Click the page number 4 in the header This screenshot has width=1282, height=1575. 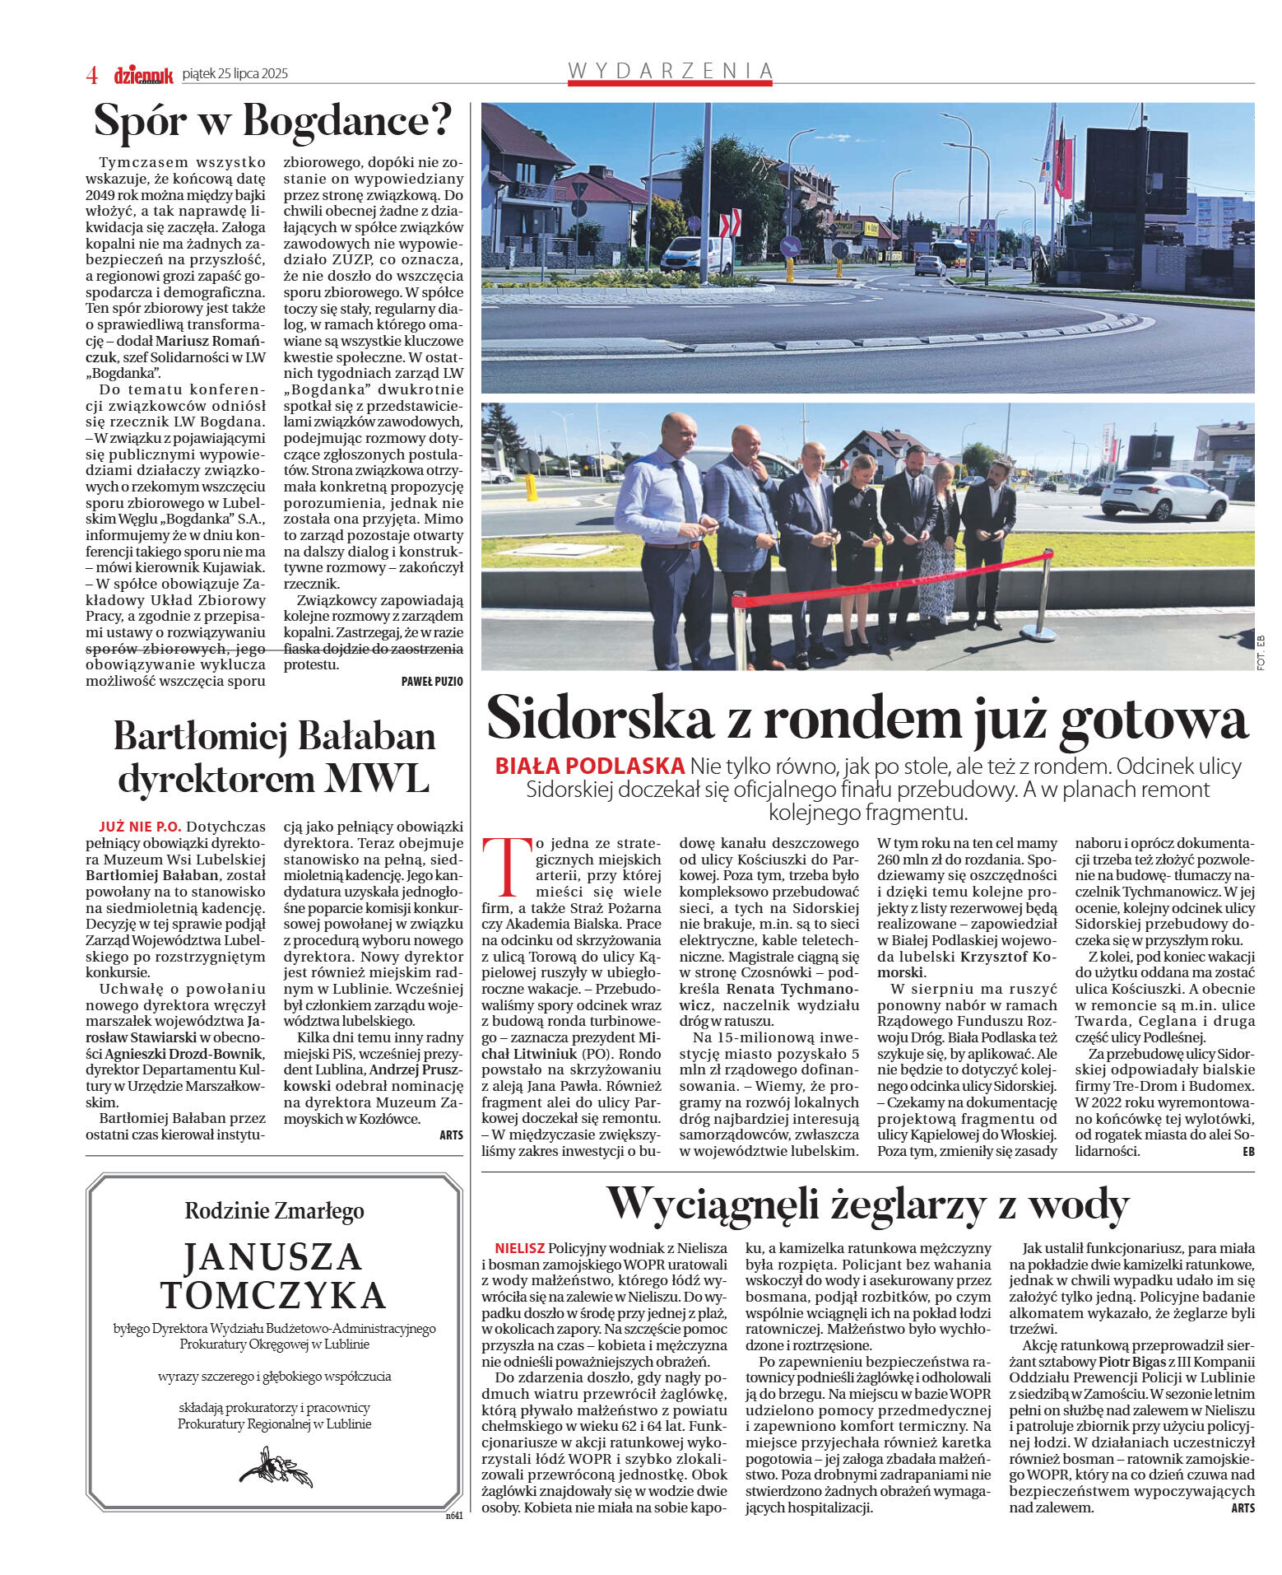click(x=92, y=75)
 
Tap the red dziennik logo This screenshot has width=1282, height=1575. click(x=143, y=75)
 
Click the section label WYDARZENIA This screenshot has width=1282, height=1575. click(x=671, y=71)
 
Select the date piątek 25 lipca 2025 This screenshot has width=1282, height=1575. click(x=235, y=74)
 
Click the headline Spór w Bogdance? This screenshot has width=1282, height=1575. click(x=273, y=121)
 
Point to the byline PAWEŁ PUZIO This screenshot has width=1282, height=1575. click(x=432, y=681)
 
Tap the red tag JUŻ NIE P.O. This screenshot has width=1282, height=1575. click(x=139, y=826)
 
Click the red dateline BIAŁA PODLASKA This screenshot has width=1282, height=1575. click(x=589, y=766)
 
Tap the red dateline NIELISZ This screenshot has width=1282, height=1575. click(x=519, y=1247)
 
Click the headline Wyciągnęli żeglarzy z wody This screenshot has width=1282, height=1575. click(x=867, y=1205)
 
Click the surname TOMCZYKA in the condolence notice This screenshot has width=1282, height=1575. click(x=273, y=1295)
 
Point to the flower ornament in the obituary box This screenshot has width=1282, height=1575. click(x=275, y=1465)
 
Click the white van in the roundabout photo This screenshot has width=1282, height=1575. click(x=695, y=255)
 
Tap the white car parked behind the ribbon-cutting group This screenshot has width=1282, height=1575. click(x=1163, y=495)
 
